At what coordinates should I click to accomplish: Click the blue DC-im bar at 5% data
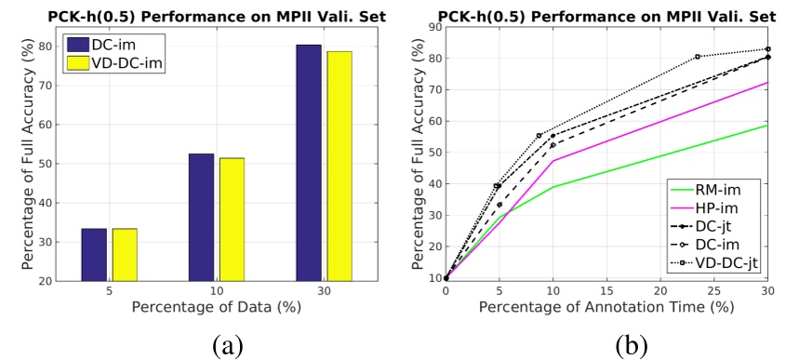click(x=94, y=253)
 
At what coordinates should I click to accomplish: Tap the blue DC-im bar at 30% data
click(x=308, y=162)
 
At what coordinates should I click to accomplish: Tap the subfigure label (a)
click(x=227, y=345)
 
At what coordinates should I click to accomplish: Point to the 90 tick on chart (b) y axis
click(x=433, y=27)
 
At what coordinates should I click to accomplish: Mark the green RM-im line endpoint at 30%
click(x=768, y=125)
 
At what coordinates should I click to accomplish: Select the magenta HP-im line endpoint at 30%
click(x=768, y=83)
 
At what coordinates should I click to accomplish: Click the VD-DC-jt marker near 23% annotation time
click(x=698, y=57)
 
